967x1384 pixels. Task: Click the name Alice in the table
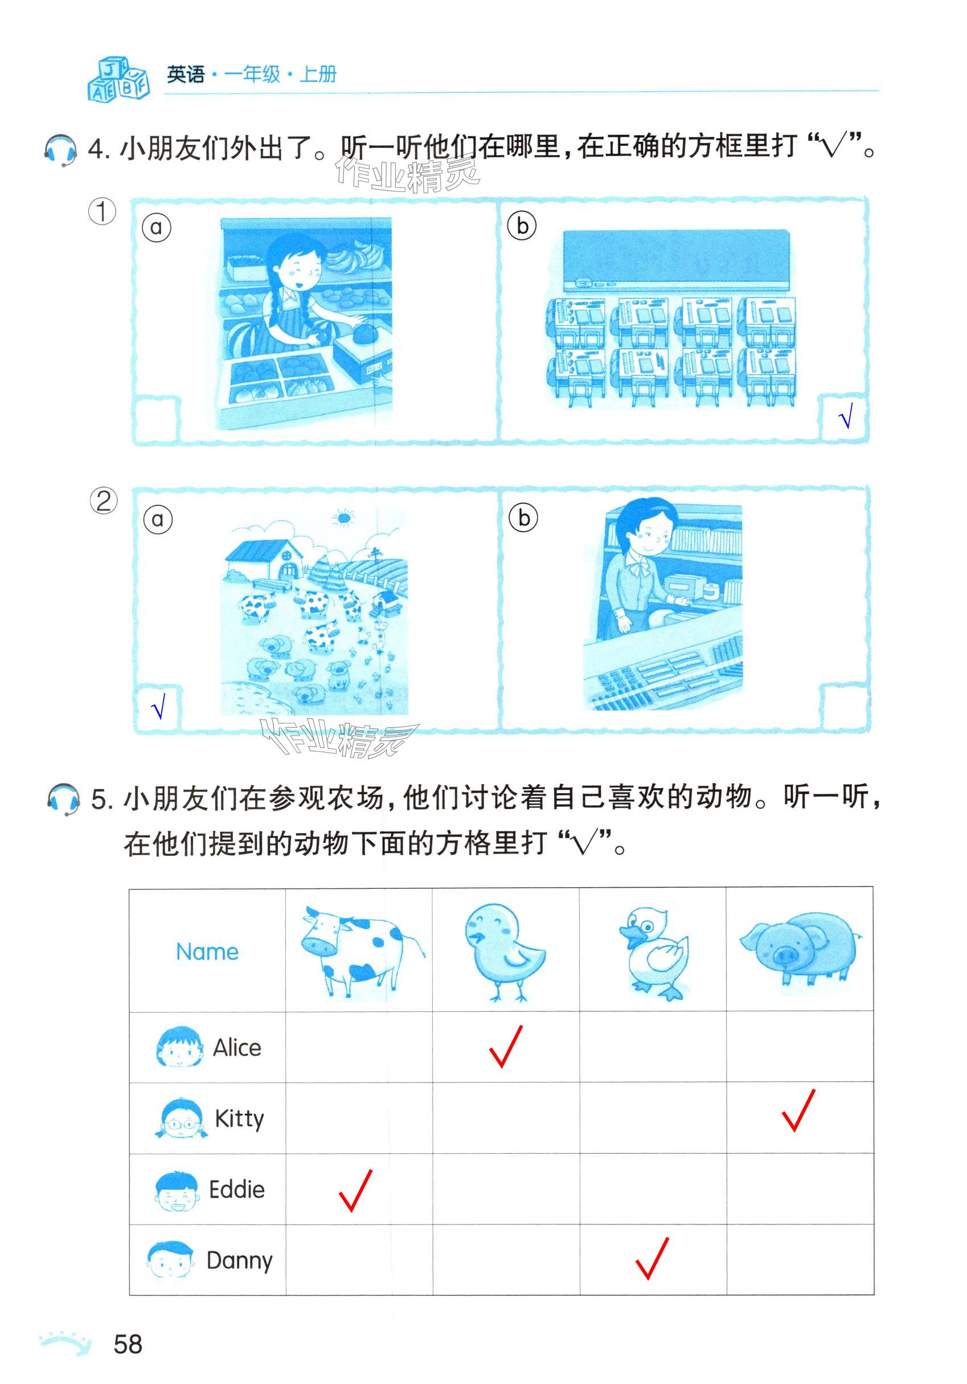(237, 1048)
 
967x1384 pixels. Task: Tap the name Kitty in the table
(239, 1120)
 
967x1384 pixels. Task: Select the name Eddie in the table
(237, 1190)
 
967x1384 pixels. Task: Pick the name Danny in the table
(239, 1261)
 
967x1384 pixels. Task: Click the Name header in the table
(207, 952)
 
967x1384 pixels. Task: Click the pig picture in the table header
(800, 949)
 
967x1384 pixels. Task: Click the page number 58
(128, 1344)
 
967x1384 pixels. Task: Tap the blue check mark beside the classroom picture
(845, 416)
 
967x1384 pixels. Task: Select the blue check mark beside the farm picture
(158, 706)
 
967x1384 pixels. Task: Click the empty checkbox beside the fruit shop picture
(157, 419)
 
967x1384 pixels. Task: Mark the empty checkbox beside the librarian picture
(845, 708)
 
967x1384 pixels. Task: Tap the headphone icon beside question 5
(63, 799)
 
